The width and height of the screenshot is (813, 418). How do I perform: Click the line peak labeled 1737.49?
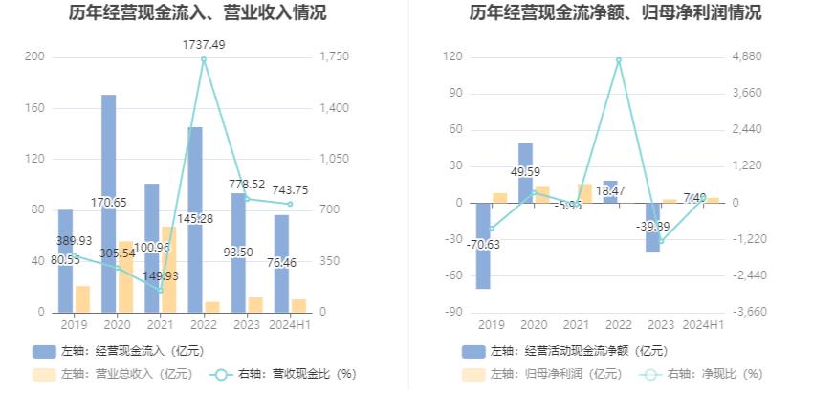204,59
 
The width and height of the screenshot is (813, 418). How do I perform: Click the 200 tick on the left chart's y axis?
34,57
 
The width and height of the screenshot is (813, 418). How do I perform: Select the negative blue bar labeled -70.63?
483,258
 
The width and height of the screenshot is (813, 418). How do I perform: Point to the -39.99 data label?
652,226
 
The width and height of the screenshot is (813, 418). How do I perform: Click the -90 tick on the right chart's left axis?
452,313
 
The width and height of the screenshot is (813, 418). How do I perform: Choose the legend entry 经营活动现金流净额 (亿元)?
564,351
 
